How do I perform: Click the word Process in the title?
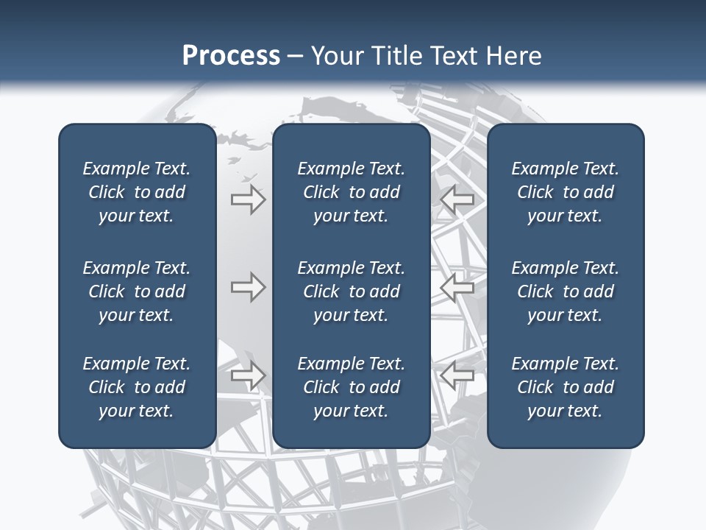[x=231, y=56]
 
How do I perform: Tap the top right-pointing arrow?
[x=248, y=199]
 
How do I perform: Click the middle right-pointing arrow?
[x=248, y=287]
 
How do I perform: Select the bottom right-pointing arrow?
[x=248, y=375]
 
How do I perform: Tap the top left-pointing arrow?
[x=457, y=199]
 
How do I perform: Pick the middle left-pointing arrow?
[x=457, y=287]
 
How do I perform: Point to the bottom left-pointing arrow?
[x=457, y=375]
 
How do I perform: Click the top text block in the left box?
[x=137, y=192]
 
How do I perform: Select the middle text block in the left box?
[x=137, y=291]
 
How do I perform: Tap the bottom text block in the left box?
[x=137, y=387]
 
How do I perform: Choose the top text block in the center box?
[x=351, y=192]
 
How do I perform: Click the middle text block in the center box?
[x=351, y=291]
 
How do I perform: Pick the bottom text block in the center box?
[x=351, y=387]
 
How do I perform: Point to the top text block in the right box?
[x=565, y=192]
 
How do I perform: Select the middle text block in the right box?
[x=565, y=291]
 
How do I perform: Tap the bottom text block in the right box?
[x=565, y=387]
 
